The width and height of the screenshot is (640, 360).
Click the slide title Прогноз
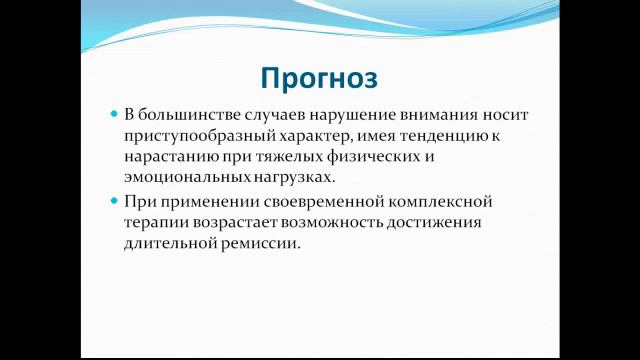(320, 77)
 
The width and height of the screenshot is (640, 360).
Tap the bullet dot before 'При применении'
(113, 201)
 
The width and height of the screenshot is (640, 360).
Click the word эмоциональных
(186, 179)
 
